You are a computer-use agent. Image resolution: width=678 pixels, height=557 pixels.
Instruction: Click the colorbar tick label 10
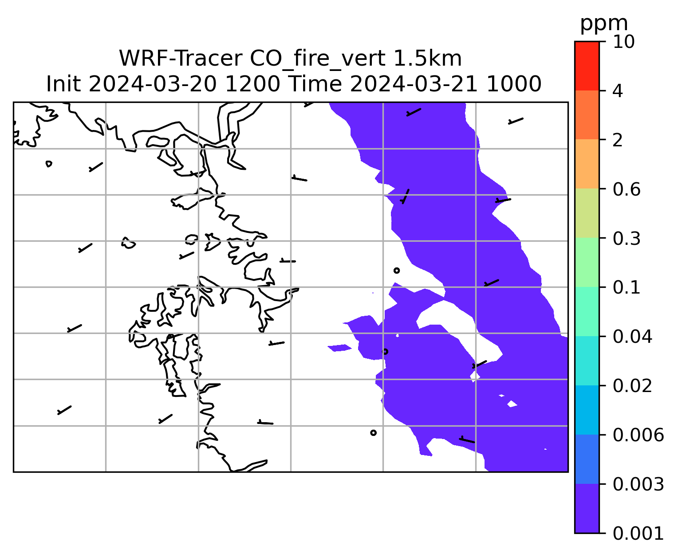[x=624, y=42]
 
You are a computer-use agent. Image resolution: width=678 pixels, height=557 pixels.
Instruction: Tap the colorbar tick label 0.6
[x=627, y=189]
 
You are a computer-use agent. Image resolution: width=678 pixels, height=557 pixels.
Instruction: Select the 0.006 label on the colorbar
[x=638, y=435]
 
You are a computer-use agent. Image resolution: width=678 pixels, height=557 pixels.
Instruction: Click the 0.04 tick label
[x=632, y=337]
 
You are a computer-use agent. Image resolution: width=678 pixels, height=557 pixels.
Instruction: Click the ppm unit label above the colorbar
[x=604, y=24]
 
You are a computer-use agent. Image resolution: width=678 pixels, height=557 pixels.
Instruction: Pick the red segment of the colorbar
[x=587, y=66]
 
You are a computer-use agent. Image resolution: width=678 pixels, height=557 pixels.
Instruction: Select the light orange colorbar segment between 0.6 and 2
[x=587, y=164]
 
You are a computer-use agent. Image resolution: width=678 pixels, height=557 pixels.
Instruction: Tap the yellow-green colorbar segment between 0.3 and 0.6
[x=587, y=213]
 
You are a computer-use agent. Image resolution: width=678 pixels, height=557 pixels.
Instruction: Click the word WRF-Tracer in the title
[x=181, y=59]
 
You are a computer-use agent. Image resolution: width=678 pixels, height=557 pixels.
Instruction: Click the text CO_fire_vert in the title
[x=318, y=59]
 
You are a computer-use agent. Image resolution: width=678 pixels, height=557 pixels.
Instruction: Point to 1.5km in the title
[x=428, y=59]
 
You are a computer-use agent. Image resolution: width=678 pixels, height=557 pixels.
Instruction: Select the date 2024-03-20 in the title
[x=152, y=84]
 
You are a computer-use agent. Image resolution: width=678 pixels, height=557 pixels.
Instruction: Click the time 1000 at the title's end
[x=514, y=84]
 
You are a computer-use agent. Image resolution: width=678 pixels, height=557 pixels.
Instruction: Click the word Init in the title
[x=63, y=84]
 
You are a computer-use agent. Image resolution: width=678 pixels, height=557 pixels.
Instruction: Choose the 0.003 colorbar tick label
[x=638, y=484]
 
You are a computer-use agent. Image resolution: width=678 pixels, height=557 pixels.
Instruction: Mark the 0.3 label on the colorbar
[x=627, y=239]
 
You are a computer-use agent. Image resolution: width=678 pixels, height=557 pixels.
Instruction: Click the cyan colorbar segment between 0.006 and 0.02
[x=587, y=410]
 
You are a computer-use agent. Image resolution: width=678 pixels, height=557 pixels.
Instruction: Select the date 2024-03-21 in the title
[x=414, y=84]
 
